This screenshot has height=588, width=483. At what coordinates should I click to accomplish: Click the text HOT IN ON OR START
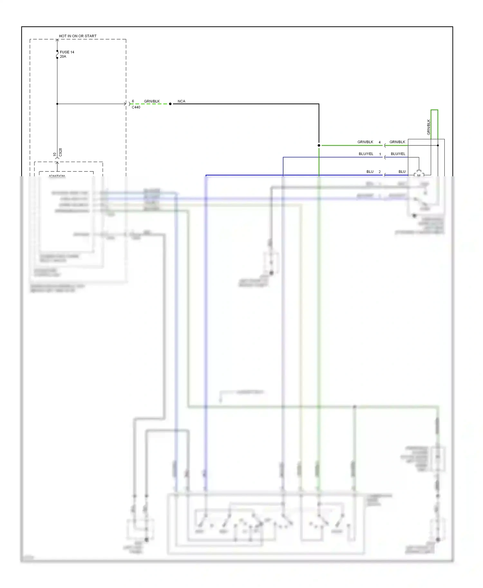tap(78, 36)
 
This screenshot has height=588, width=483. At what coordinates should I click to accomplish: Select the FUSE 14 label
tap(67, 52)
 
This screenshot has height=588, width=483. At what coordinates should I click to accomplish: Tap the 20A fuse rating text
tap(63, 57)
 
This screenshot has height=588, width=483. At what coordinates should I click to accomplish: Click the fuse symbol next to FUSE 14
tap(57, 54)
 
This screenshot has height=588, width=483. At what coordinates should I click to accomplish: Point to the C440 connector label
tap(136, 107)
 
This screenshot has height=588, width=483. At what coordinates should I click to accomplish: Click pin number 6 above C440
tap(133, 101)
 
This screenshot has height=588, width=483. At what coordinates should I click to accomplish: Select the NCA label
tap(181, 101)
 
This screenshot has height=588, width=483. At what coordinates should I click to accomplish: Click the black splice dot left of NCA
tap(170, 104)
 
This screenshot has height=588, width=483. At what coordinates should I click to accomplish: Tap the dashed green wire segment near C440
tap(150, 104)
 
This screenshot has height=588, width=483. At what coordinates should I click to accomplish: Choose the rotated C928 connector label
tap(60, 152)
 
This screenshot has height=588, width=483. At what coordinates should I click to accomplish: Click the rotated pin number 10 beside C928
tap(55, 155)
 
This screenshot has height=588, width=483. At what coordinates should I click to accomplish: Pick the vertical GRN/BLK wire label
tap(429, 127)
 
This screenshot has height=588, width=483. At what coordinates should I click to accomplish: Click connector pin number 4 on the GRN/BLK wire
tap(380, 142)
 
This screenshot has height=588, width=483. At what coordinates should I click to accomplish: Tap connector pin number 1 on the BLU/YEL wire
tap(380, 154)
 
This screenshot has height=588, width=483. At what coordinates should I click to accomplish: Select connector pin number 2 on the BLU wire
tap(380, 172)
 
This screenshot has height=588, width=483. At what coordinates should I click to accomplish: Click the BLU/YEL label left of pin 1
tap(366, 154)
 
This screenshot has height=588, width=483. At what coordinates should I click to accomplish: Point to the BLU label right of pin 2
tap(402, 172)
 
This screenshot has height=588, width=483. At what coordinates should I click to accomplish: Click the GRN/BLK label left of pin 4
tap(365, 142)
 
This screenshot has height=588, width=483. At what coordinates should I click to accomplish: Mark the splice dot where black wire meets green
tap(319, 145)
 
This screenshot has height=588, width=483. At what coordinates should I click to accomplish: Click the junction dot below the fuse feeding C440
tap(57, 104)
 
